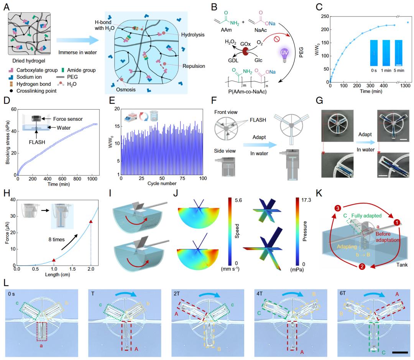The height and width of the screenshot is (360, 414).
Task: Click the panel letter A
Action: click(x=7, y=7)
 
